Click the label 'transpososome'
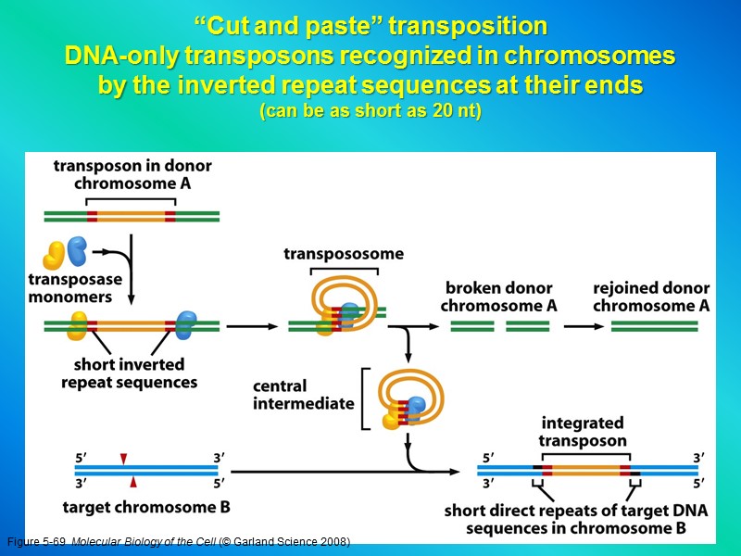pos(344,254)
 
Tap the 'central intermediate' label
pos(304,395)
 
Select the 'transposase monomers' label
pos(70,288)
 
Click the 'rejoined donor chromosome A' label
pos(651,297)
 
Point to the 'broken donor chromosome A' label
pos(498,297)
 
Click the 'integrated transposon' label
pos(583,432)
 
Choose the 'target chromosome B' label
pos(146,507)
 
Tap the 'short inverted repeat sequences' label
pos(129,373)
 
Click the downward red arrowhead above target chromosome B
pos(123,459)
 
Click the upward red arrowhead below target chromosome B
pos(133,482)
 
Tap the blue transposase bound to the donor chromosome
pos(186,323)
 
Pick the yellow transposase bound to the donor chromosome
pos(78,325)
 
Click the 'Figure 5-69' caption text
pos(37,541)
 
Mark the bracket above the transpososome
pos(344,270)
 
